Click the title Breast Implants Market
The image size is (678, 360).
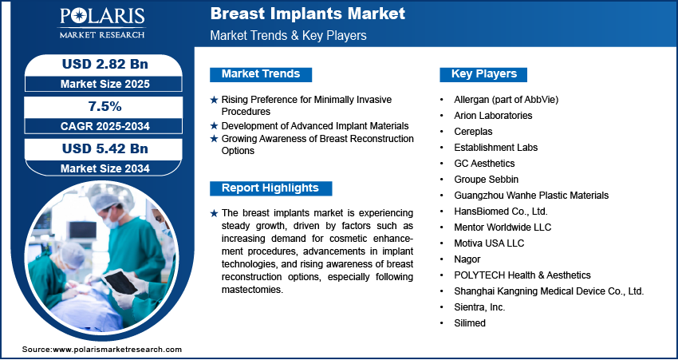click(307, 14)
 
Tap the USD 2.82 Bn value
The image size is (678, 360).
click(105, 64)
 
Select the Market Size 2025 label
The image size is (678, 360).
click(105, 84)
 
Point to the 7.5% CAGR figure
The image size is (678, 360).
click(105, 106)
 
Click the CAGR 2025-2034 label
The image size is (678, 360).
click(105, 126)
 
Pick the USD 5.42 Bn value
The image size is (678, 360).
click(105, 148)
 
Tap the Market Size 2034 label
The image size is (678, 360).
click(105, 168)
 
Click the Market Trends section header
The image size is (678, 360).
click(261, 74)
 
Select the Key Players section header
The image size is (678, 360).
click(484, 74)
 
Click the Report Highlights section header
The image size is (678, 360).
click(270, 188)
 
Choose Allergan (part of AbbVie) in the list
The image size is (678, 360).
click(506, 100)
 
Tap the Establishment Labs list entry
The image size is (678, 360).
click(495, 148)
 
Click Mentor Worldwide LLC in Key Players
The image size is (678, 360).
click(503, 227)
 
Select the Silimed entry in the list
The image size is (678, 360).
click(470, 322)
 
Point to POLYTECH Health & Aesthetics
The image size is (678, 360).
click(522, 275)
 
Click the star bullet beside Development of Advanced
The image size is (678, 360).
click(214, 126)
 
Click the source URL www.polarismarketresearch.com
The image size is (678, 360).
click(117, 350)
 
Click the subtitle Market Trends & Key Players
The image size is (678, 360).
click(288, 35)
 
